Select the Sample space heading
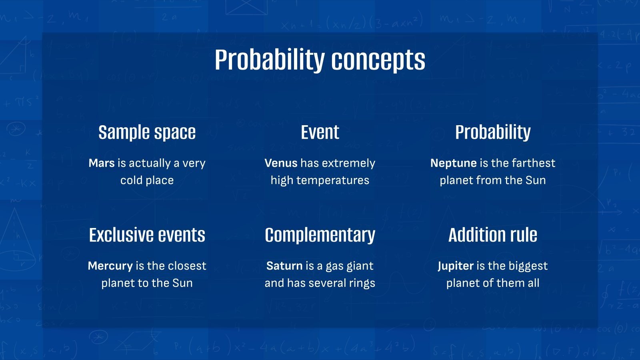click(x=147, y=132)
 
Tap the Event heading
click(x=320, y=132)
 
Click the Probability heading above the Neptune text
click(x=492, y=132)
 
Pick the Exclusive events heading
click(x=147, y=235)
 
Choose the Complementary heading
click(x=320, y=235)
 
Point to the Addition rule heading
click(x=492, y=235)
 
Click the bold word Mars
click(x=102, y=163)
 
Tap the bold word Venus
click(x=281, y=163)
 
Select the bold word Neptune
click(x=453, y=163)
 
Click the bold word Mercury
click(x=110, y=266)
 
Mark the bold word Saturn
click(x=284, y=266)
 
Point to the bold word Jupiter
click(x=456, y=266)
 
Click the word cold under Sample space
click(x=131, y=180)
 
